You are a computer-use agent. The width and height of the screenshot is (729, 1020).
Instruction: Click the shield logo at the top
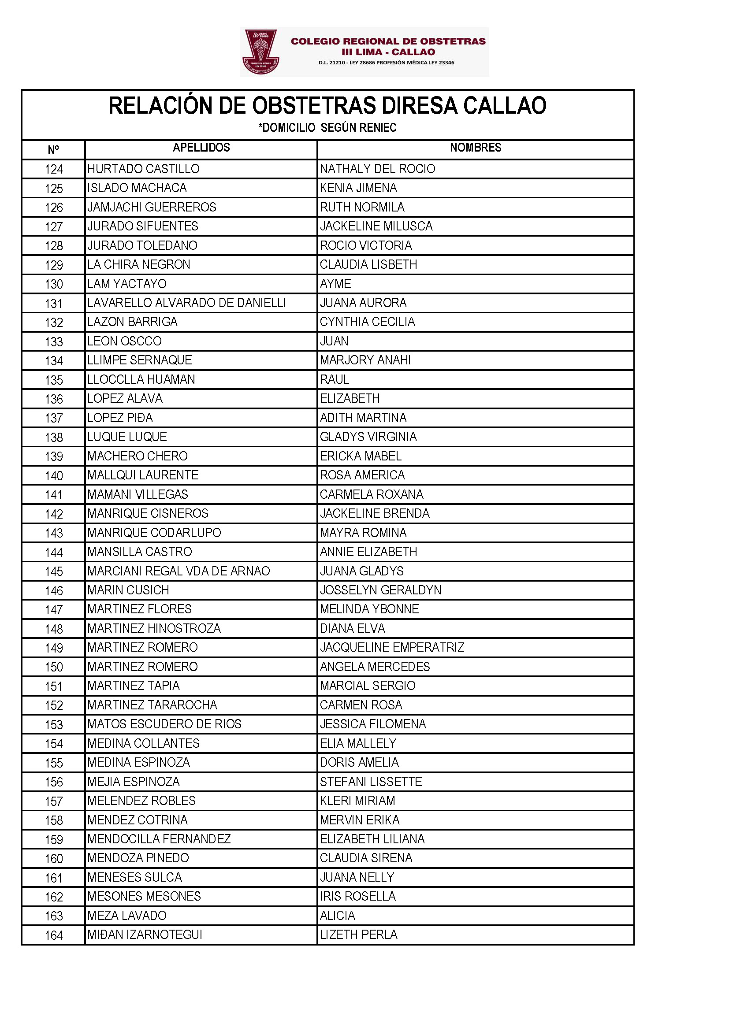point(260,52)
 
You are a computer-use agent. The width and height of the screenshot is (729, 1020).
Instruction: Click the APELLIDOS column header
point(201,148)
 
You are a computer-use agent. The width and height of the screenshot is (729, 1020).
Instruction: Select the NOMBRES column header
point(476,148)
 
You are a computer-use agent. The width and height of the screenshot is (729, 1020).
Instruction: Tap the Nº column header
point(53,150)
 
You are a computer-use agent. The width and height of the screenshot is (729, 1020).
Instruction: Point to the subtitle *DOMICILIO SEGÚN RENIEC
point(327,128)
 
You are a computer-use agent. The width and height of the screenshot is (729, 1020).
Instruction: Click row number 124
point(54,170)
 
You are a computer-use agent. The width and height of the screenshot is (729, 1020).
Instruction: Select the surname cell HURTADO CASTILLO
point(143,169)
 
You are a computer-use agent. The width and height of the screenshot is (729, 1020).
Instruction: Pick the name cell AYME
point(335,284)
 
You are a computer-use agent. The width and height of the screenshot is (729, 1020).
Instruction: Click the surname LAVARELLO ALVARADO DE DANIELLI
point(186,303)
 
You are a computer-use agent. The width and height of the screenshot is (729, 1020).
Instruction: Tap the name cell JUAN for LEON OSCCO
point(334,341)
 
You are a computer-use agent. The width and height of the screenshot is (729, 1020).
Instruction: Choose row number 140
point(54,476)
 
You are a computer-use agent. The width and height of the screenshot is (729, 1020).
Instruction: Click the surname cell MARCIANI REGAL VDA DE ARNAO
point(179,571)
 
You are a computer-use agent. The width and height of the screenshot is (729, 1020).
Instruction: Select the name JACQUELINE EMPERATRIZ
point(392,647)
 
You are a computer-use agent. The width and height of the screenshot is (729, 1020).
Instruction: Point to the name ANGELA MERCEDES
point(375,666)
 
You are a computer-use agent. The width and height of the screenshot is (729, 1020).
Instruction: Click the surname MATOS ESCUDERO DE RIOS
point(164,724)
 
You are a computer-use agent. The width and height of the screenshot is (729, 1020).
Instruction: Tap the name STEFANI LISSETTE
point(371,782)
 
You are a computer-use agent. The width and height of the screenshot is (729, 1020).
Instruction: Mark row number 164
point(54,935)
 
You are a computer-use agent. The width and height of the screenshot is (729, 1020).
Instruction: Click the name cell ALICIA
point(337,916)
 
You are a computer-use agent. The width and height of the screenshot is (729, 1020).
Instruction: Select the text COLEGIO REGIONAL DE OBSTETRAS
point(388,41)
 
